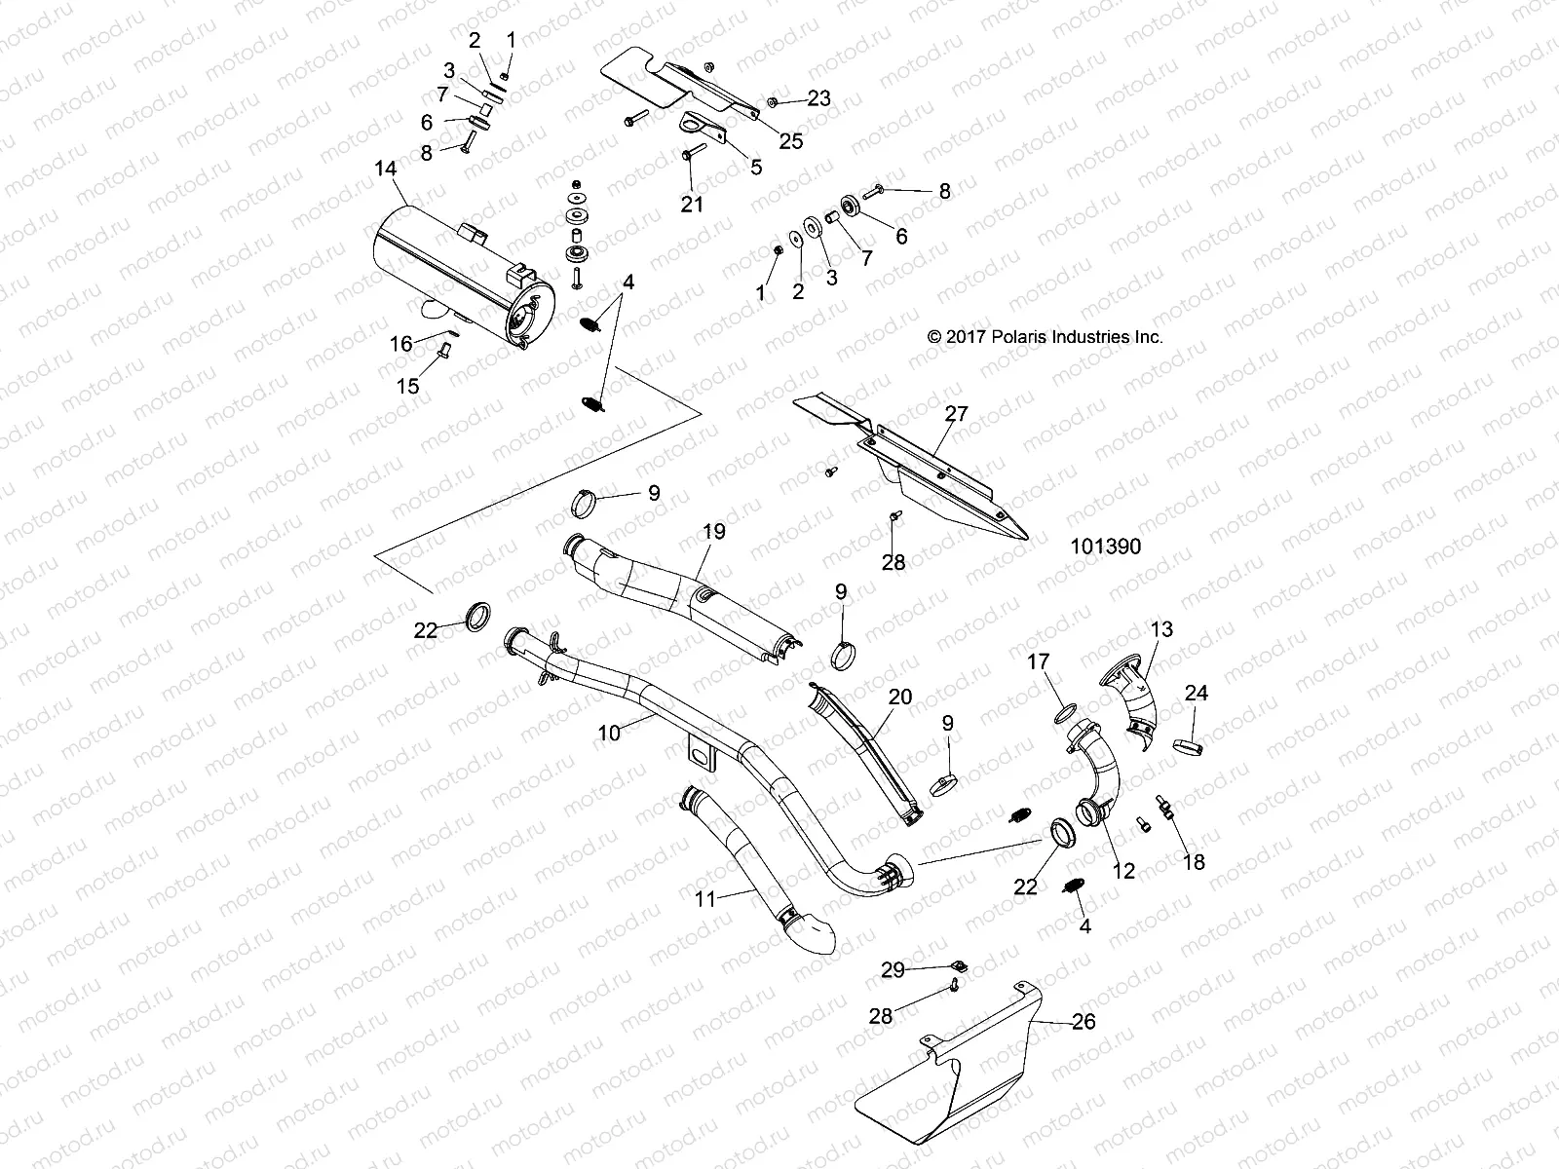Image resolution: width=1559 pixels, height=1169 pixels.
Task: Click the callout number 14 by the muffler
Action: [386, 169]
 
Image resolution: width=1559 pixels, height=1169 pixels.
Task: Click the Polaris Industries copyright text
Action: [1046, 337]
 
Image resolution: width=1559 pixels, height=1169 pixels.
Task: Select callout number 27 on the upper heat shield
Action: [956, 413]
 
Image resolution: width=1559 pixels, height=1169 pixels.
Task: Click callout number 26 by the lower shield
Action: [1083, 1022]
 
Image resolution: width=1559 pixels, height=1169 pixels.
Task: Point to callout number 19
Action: [713, 531]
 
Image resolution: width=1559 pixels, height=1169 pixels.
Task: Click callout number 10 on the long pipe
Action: [609, 733]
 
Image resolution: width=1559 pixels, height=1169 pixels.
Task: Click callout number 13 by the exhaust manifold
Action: [1161, 629]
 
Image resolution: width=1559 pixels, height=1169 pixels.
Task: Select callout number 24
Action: [1196, 693]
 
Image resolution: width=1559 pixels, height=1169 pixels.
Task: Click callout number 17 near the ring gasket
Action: [1039, 662]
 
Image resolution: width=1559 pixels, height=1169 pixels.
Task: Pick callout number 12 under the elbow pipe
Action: [1123, 871]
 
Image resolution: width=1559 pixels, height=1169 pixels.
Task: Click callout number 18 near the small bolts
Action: [1193, 862]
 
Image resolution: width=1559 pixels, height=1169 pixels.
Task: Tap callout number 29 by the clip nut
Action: [893, 969]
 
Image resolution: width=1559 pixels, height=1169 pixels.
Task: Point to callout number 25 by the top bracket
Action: [791, 141]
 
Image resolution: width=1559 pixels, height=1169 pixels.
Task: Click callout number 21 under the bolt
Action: [691, 204]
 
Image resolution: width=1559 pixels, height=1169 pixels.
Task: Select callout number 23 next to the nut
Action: [818, 98]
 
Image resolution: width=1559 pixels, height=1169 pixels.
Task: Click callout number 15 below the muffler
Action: [407, 386]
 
